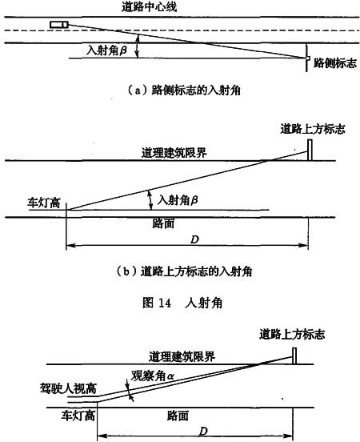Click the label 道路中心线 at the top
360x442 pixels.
pyautogui.click(x=150, y=6)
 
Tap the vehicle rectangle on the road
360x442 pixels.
pyautogui.click(x=59, y=25)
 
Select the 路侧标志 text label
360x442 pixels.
pyautogui.click(x=335, y=63)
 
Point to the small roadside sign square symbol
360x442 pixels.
pyautogui.click(x=309, y=58)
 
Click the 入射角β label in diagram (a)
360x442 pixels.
pyautogui.click(x=106, y=50)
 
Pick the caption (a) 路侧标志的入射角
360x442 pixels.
pyautogui.click(x=184, y=90)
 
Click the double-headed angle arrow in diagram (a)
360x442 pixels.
pyautogui.click(x=138, y=46)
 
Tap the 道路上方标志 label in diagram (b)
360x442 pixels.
pyautogui.click(x=313, y=129)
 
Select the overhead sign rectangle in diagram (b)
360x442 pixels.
pyautogui.click(x=310, y=150)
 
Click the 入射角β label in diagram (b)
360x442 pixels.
pyautogui.click(x=178, y=200)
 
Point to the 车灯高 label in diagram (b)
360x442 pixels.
pyautogui.click(x=44, y=203)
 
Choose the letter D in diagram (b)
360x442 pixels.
pyautogui.click(x=194, y=239)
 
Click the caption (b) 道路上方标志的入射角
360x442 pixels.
pyautogui.click(x=184, y=271)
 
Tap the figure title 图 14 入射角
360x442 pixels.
pyautogui.click(x=182, y=303)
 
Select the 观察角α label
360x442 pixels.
pyautogui.click(x=153, y=376)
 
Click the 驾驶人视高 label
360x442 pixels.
pyautogui.click(x=69, y=388)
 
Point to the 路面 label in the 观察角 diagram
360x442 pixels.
pyautogui.click(x=178, y=416)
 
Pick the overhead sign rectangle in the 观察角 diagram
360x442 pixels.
pyautogui.click(x=294, y=356)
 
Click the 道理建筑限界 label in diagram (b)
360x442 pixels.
pyautogui.click(x=174, y=153)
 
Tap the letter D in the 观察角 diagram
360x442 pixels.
pyautogui.click(x=203, y=432)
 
